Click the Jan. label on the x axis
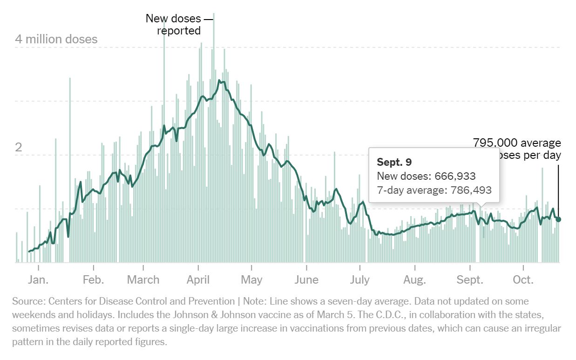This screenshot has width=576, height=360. [38, 280]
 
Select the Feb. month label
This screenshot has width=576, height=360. [93, 280]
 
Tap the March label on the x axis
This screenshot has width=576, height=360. [143, 280]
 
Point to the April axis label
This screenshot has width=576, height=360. [198, 280]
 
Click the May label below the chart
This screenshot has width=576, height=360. [251, 280]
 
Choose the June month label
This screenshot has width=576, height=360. [306, 280]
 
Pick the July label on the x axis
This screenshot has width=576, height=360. [359, 280]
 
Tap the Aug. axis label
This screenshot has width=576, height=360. [414, 280]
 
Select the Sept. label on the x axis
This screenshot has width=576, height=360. [470, 280]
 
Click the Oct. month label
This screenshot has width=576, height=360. [523, 280]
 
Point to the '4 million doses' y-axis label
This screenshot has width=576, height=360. [56, 39]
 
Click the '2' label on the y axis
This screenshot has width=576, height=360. [19, 148]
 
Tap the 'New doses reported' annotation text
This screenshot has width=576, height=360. [173, 25]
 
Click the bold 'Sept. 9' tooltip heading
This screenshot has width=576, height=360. [394, 162]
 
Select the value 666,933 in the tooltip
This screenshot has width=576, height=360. [455, 176]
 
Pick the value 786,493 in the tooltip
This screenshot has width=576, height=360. [469, 190]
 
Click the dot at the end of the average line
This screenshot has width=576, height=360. [558, 219]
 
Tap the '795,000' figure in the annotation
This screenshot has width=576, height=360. [495, 143]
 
